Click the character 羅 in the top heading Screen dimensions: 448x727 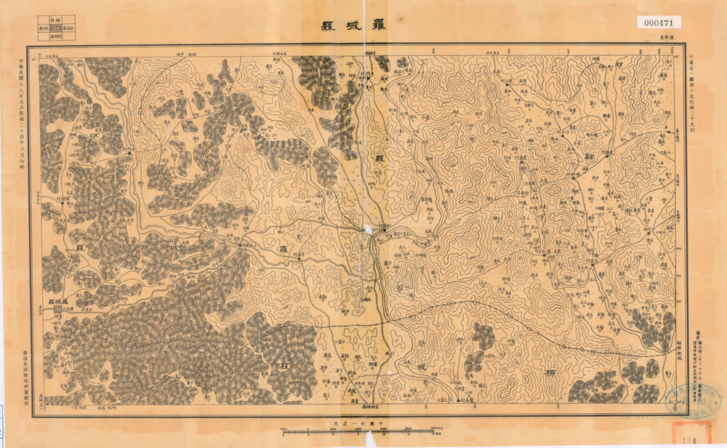(x=379, y=24)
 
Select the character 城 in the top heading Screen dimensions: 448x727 (x=352, y=24)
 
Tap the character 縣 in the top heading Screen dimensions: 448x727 (x=326, y=24)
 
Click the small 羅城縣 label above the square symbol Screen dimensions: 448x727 (x=53, y=300)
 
